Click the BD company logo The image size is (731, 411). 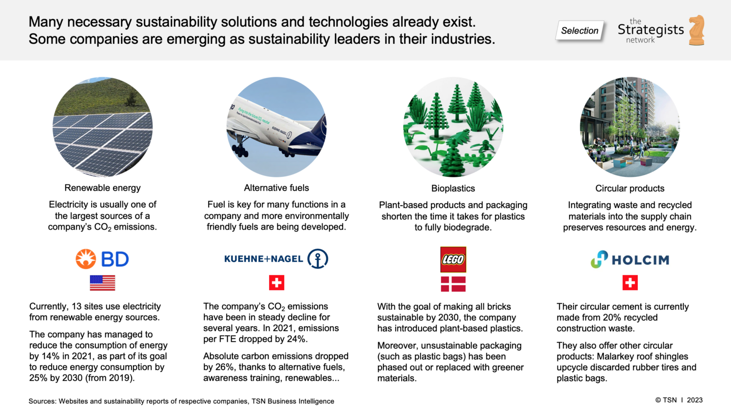pyautogui.click(x=102, y=259)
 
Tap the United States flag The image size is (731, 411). pyautogui.click(x=102, y=283)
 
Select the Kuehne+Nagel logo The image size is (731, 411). pyautogui.click(x=276, y=259)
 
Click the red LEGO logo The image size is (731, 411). pyautogui.click(x=453, y=259)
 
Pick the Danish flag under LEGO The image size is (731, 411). pyautogui.click(x=453, y=284)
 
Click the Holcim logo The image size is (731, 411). pyautogui.click(x=630, y=259)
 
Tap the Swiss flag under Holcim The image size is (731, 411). pyautogui.click(x=630, y=283)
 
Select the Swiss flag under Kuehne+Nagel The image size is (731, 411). pyautogui.click(x=276, y=283)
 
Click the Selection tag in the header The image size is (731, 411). pyautogui.click(x=579, y=31)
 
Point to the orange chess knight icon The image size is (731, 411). pyautogui.click(x=697, y=30)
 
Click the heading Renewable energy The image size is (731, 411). pyautogui.click(x=102, y=188)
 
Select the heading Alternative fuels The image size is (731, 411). pyautogui.click(x=276, y=188)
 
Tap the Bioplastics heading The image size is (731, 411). pyautogui.click(x=453, y=188)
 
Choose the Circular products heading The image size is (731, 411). pyautogui.click(x=630, y=188)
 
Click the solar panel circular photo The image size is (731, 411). pyautogui.click(x=102, y=127)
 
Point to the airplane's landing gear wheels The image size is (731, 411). pyautogui.click(x=240, y=150)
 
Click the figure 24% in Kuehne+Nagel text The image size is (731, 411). pyautogui.click(x=296, y=339)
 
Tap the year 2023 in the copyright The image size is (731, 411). pyautogui.click(x=694, y=400)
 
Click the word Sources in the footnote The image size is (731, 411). pyautogui.click(x=42, y=401)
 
